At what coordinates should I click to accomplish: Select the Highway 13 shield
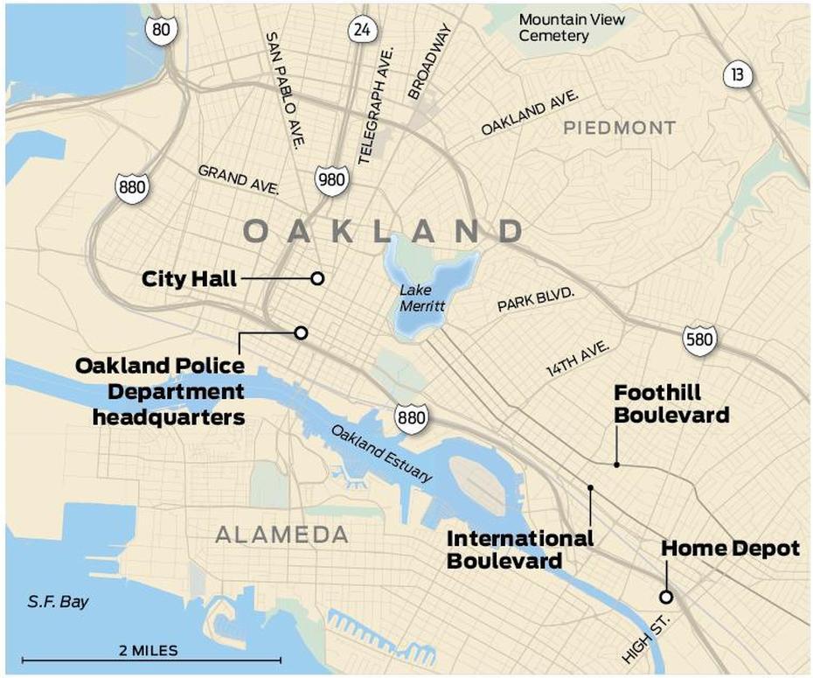click(738, 74)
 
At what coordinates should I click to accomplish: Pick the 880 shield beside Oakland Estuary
click(411, 418)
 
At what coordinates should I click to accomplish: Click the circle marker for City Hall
click(317, 278)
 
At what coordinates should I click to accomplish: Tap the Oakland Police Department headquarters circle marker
click(301, 332)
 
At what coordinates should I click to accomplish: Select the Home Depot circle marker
click(666, 598)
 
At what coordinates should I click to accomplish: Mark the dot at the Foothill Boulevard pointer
click(616, 465)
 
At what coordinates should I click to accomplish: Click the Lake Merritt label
click(423, 298)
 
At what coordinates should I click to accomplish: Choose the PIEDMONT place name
click(619, 129)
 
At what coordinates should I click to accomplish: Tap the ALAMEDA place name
click(281, 535)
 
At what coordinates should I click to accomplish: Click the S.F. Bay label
click(58, 602)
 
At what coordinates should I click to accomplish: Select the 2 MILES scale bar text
click(148, 650)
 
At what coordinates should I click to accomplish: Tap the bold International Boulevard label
click(520, 549)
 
